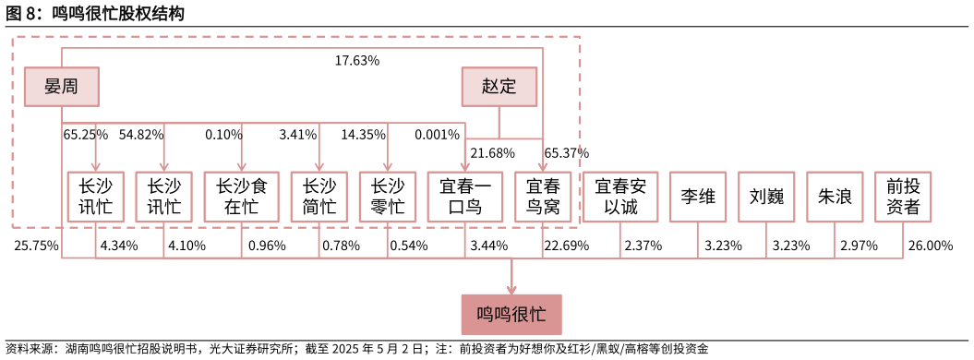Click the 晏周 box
pos(61,87)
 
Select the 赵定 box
pos(499,87)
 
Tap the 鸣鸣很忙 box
pos(511,315)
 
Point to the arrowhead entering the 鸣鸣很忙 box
pos(511,289)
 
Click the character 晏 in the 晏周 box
pos(53,87)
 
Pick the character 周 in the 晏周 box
pos(69,87)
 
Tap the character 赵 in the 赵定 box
pos(490,87)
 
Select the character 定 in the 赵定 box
pos(507,87)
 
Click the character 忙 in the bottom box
pos(537,315)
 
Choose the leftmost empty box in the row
pos(95,197)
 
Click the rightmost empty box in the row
pos(903,197)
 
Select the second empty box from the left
pos(163,197)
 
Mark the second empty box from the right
pos(835,197)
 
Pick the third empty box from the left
pos(241,197)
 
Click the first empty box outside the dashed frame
pos(620,197)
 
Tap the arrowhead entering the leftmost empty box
pos(95,166)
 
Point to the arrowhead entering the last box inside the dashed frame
pos(543,166)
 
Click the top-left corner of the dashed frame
pos(13,38)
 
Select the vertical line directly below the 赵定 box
pos(499,122)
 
